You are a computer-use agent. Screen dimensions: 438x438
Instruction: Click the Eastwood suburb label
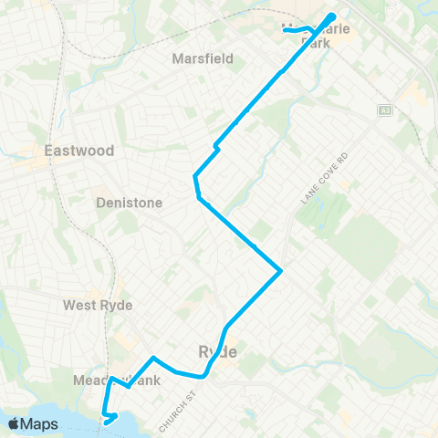click(66, 150)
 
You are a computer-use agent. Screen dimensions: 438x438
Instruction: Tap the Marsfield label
click(203, 58)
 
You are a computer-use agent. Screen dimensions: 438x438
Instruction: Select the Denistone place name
click(130, 203)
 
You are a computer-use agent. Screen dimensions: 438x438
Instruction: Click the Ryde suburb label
click(217, 351)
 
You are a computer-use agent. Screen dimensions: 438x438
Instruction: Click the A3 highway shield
click(385, 110)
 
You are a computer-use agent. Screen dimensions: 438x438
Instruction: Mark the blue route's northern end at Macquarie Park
click(333, 16)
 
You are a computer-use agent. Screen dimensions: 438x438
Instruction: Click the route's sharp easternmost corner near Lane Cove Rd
click(281, 270)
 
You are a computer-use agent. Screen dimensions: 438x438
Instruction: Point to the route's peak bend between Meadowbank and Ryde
click(153, 358)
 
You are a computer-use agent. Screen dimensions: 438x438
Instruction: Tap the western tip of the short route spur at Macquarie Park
click(285, 30)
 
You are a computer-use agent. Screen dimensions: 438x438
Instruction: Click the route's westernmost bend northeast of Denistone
click(194, 175)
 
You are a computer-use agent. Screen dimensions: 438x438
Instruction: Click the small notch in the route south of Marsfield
click(215, 146)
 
